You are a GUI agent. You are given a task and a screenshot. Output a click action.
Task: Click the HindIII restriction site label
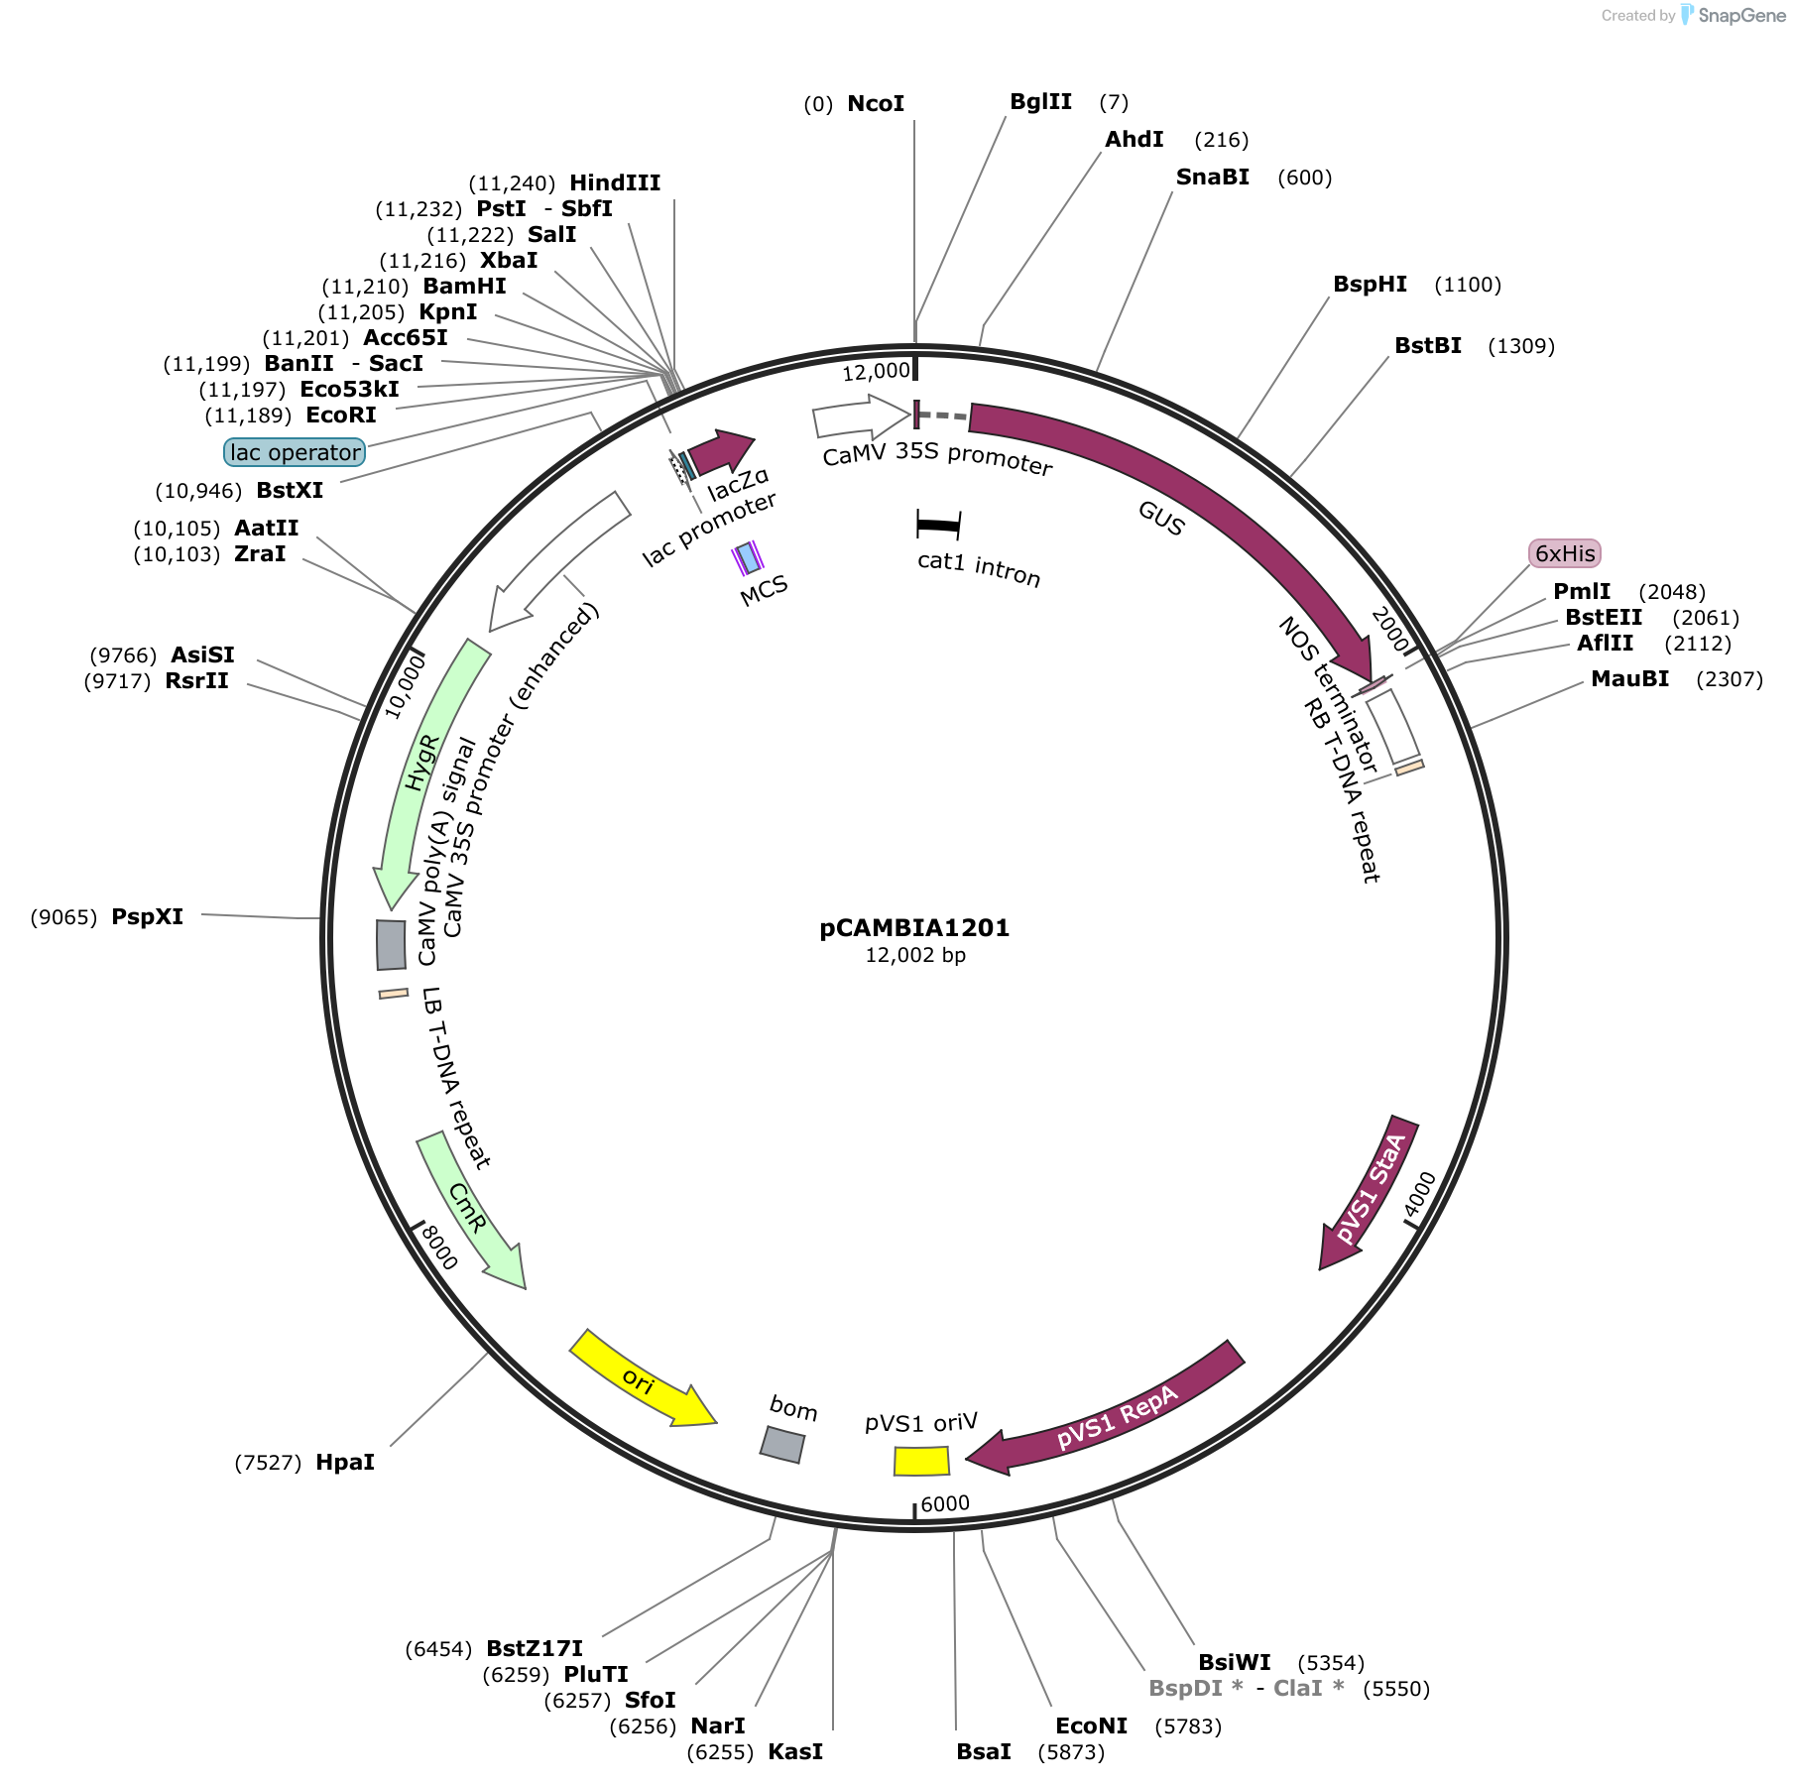615,183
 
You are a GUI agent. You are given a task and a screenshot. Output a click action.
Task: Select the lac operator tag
296,452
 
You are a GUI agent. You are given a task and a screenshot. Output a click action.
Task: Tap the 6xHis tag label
1566,553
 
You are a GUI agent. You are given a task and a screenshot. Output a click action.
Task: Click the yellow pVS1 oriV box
921,1461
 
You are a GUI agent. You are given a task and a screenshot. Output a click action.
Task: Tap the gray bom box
782,1445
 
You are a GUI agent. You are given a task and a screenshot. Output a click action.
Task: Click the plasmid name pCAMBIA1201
914,928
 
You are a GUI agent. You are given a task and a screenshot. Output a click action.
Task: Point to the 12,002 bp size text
915,955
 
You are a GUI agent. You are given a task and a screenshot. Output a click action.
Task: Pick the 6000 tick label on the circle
945,1503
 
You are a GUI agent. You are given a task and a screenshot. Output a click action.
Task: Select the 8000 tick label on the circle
438,1247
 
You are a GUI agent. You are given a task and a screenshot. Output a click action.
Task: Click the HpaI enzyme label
345,1463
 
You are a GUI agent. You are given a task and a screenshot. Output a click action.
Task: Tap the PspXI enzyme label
148,917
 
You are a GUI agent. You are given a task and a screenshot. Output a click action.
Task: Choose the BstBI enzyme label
1428,346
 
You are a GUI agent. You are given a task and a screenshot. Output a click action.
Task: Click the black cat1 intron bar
938,525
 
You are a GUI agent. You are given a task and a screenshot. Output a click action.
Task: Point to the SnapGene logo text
1741,15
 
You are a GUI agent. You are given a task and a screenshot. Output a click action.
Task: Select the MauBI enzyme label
1630,679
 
